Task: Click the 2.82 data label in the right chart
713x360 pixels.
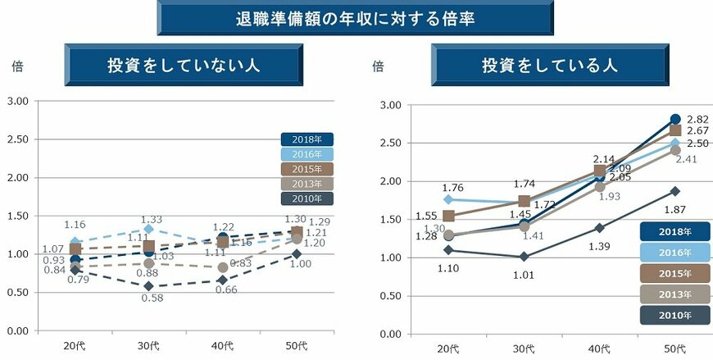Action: click(x=697, y=119)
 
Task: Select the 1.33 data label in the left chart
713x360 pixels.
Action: click(x=152, y=219)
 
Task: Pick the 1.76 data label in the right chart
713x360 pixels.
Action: click(x=452, y=187)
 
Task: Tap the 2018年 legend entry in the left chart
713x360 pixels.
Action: click(x=307, y=139)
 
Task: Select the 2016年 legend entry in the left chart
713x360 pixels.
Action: click(x=307, y=154)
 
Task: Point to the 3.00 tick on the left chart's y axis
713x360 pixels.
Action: click(x=17, y=101)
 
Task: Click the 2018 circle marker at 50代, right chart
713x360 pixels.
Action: click(x=675, y=119)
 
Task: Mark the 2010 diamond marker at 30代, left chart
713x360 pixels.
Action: click(x=148, y=286)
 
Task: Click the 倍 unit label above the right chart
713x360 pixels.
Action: click(x=378, y=66)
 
